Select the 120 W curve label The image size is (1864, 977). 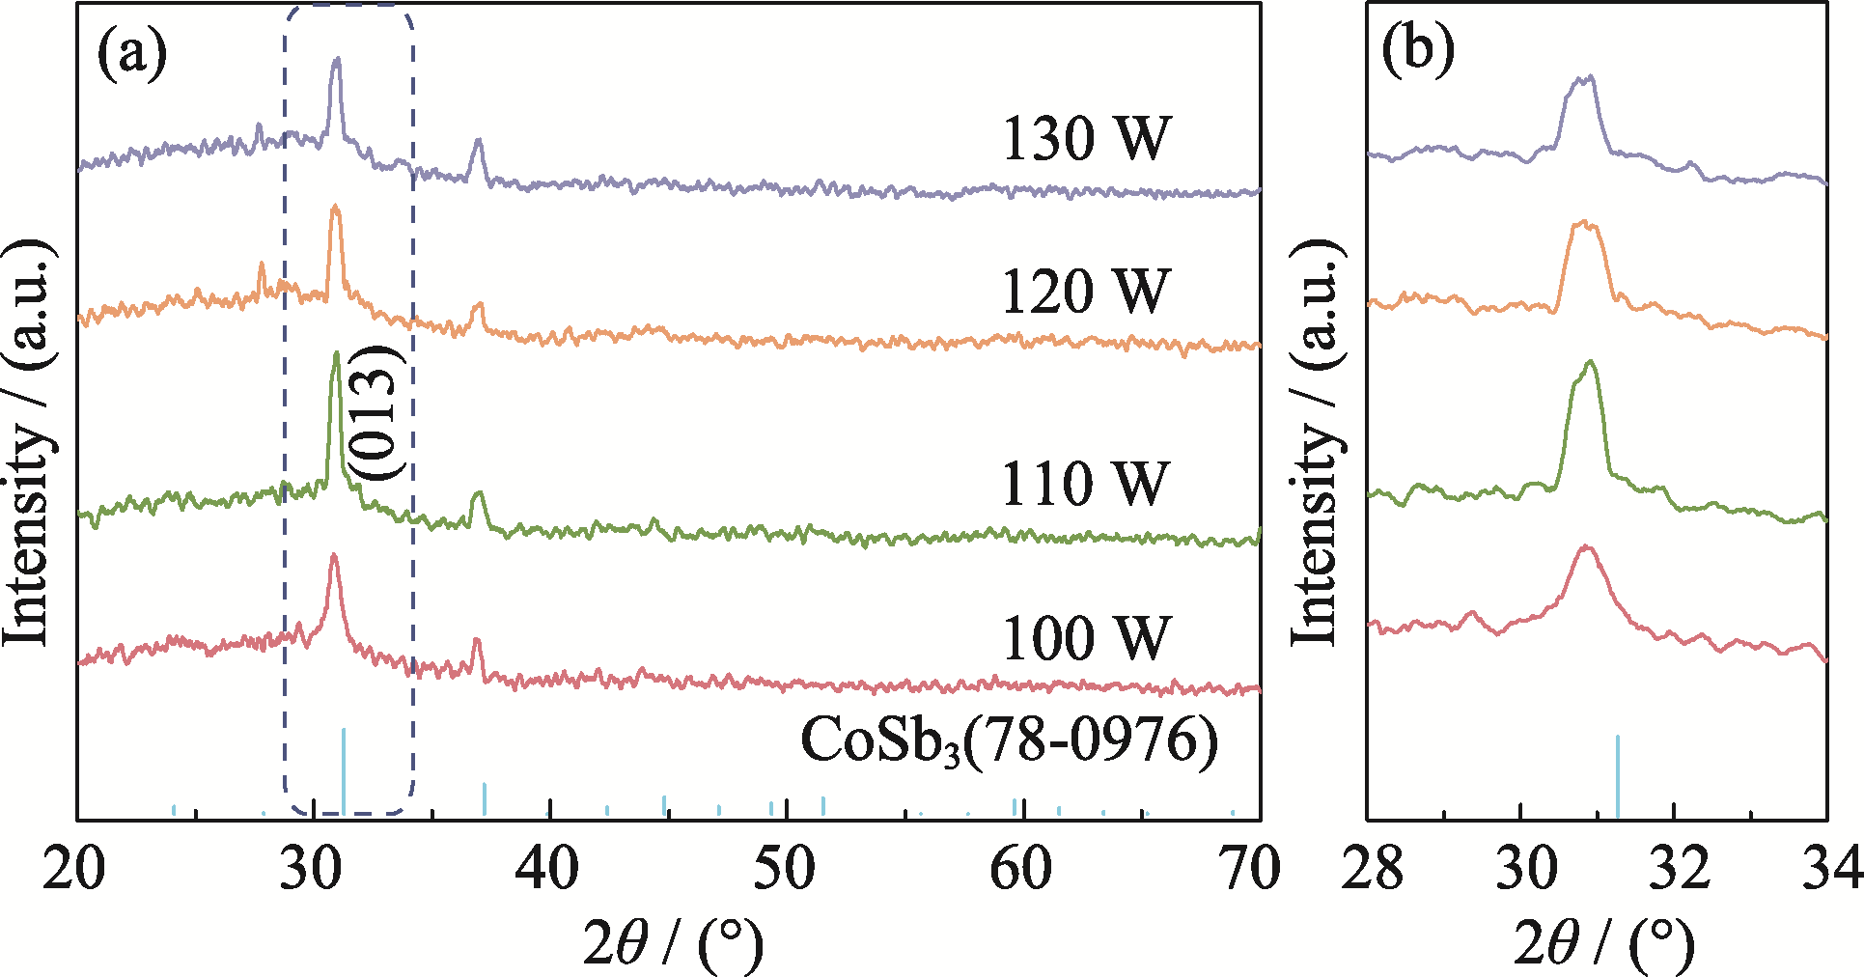click(x=1086, y=292)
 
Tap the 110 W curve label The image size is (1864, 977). click(x=1086, y=483)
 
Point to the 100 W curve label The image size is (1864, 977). click(x=1086, y=637)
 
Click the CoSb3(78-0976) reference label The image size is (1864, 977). click(x=1009, y=741)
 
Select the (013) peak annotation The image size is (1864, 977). click(x=374, y=413)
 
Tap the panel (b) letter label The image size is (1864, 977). click(x=1417, y=50)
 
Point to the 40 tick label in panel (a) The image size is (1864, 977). click(x=548, y=868)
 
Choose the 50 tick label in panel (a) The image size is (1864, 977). click(x=785, y=868)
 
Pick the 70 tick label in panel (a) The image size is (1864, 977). click(x=1251, y=868)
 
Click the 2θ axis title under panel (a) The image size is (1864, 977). click(x=673, y=942)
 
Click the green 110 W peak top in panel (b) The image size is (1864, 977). click(x=1589, y=363)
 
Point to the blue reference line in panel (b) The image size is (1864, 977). click(x=1617, y=777)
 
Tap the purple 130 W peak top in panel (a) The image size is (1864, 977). click(x=336, y=60)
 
